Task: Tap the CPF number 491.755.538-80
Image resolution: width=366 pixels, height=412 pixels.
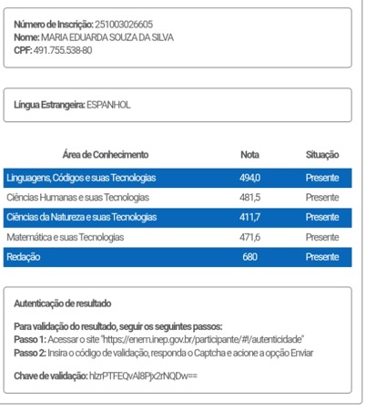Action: [x=63, y=49]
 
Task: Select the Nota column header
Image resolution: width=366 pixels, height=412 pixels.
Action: [x=249, y=155]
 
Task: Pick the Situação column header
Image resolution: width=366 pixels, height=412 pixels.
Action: [x=321, y=155]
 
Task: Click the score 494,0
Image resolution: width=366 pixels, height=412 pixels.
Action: [x=249, y=177]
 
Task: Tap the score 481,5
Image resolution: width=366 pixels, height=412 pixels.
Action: [x=249, y=197]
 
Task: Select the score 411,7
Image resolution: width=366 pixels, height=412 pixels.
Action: [x=249, y=217]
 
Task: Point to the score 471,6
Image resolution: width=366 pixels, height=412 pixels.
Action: [x=249, y=237]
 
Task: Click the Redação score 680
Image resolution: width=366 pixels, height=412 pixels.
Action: [x=249, y=257]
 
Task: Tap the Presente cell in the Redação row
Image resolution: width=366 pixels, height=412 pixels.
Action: [x=322, y=257]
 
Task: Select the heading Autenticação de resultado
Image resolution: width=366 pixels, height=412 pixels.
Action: [x=63, y=302]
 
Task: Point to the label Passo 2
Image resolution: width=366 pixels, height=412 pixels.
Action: [x=29, y=352]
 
